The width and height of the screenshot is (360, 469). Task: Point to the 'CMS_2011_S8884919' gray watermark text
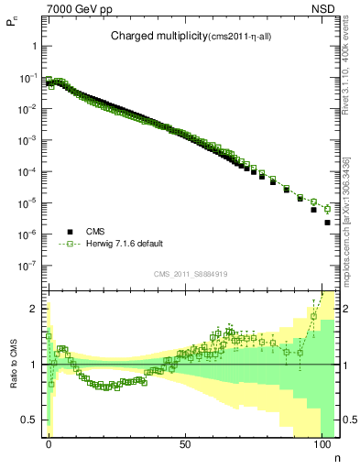click(x=191, y=273)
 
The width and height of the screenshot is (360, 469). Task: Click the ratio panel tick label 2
click(x=33, y=309)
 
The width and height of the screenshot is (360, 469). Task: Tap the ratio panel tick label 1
click(x=33, y=365)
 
